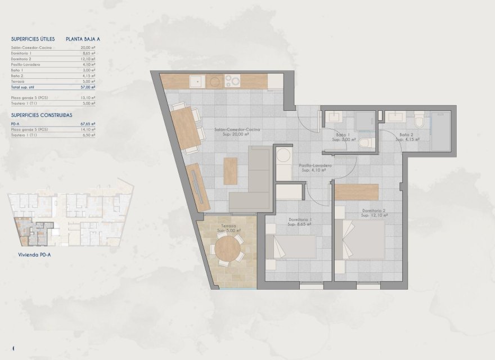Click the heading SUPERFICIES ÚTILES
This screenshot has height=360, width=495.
pyautogui.click(x=33, y=39)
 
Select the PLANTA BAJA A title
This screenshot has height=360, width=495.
pyautogui.click(x=86, y=39)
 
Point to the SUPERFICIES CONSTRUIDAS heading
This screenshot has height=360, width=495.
pyautogui.click(x=41, y=114)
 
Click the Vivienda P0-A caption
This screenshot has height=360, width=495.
pyautogui.click(x=28, y=254)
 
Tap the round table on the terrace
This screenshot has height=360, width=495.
pyautogui.click(x=228, y=249)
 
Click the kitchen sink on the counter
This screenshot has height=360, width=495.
pyautogui.click(x=196, y=82)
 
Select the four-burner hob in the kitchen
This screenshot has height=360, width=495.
pyautogui.click(x=232, y=82)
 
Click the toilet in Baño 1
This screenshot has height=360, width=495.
pyautogui.click(x=366, y=143)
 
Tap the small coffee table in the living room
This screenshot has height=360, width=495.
pyautogui.click(x=231, y=171)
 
